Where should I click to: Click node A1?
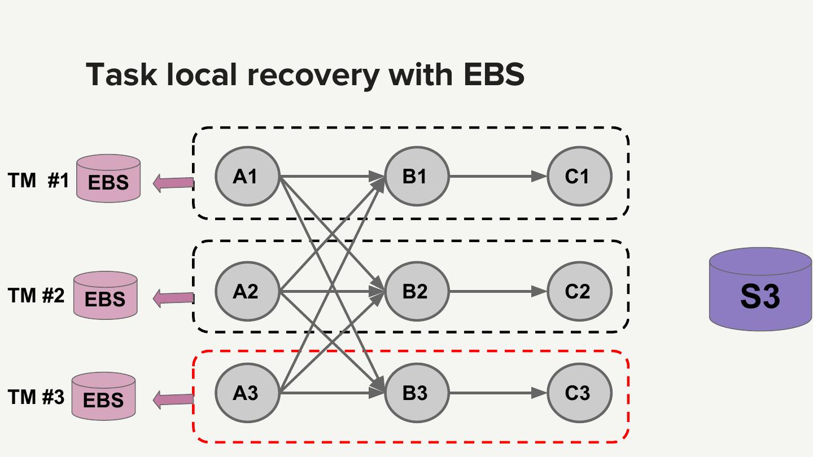coord(247,176)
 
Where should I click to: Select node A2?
coord(247,291)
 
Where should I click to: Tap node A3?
coord(247,393)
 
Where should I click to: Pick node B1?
coord(417,176)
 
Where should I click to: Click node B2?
coord(417,291)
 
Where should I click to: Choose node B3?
coord(417,393)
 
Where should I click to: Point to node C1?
coord(579,176)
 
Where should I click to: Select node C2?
coord(579,291)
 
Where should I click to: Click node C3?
coord(579,393)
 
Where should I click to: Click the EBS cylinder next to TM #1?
coord(108,179)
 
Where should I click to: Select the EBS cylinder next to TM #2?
coord(105,295)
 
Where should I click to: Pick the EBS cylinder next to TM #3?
coord(103,396)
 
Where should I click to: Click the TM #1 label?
coord(38,181)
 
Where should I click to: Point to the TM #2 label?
coord(36,295)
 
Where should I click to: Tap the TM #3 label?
coord(36,397)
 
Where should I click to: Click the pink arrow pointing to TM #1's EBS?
coord(173,183)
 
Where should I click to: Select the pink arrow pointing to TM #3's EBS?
coord(173,399)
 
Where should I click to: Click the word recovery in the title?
coord(317,74)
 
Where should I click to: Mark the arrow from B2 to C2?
coord(497,292)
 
